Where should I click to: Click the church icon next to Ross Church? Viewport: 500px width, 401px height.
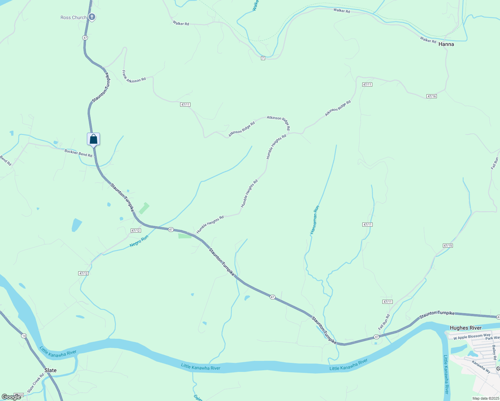point(92,17)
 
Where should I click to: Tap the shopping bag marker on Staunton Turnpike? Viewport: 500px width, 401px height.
point(94,139)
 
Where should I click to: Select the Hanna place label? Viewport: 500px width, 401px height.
point(446,44)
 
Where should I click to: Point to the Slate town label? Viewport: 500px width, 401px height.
point(50,370)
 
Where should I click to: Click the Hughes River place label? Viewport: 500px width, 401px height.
point(466,328)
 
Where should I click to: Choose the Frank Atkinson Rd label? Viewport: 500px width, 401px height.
point(134,77)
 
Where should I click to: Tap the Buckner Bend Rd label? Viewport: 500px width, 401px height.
point(78,153)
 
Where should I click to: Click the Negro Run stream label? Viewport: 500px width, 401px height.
point(139,241)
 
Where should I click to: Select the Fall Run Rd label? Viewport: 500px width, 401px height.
point(384,321)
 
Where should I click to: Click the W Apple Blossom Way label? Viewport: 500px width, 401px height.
point(472,337)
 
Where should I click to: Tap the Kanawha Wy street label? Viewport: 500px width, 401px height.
point(481,366)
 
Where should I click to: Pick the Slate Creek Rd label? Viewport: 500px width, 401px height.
point(35,383)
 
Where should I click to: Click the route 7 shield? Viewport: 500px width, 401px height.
point(263,58)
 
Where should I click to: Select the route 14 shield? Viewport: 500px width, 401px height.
point(23,336)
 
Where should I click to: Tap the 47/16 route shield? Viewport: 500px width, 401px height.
point(431,96)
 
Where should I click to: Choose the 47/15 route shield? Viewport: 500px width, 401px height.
point(448,246)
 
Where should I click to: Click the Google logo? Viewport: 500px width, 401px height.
point(11,397)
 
